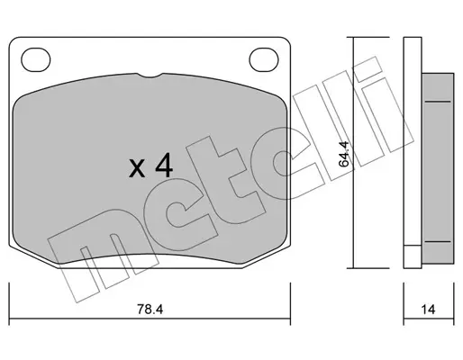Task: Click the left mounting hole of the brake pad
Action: [36, 60]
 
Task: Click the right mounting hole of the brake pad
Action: [264, 60]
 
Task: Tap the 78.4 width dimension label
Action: [150, 310]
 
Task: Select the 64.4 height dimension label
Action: [344, 154]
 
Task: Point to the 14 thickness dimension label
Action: [428, 310]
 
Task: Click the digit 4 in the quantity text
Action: [164, 166]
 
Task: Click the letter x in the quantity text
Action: [137, 168]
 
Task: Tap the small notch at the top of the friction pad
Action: [151, 76]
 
